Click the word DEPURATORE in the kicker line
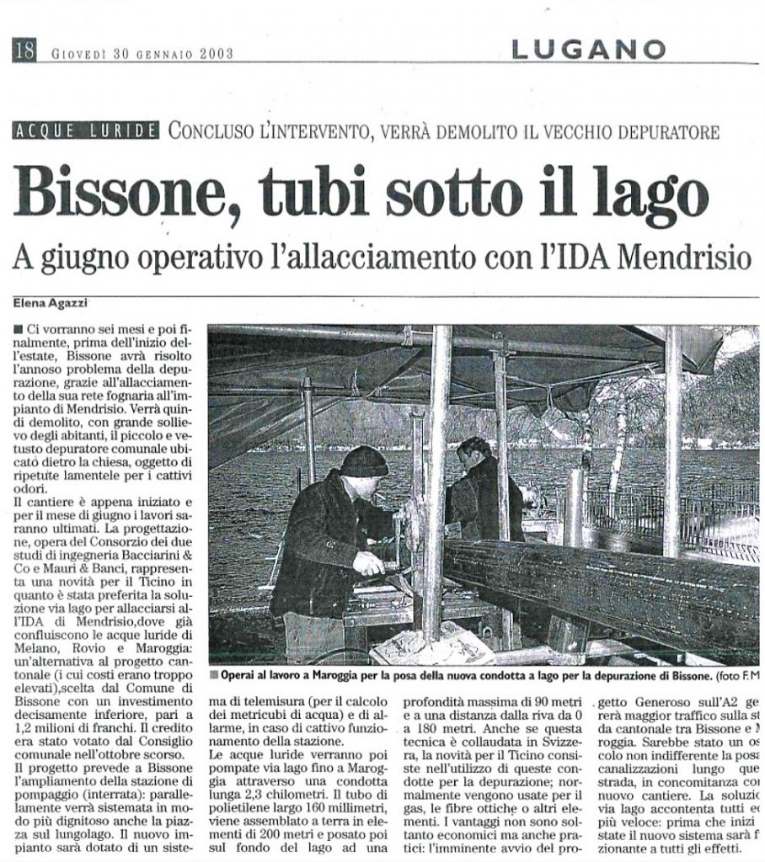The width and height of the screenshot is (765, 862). (x=666, y=131)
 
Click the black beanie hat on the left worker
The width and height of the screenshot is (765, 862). (x=364, y=460)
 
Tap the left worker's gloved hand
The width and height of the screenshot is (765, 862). (x=368, y=562)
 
